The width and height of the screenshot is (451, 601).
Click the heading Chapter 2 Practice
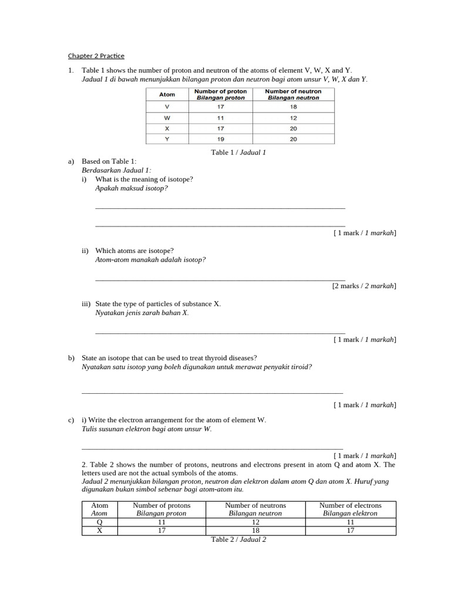96,56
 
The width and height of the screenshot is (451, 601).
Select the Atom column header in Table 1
167,94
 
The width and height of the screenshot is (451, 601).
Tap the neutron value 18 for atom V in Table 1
293,107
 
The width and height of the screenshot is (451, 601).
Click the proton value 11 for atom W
220,118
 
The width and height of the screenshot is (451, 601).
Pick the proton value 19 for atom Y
220,139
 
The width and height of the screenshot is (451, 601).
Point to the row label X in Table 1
167,129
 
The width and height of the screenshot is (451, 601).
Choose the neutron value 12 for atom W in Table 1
293,118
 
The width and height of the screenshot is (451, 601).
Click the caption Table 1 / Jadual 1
238,152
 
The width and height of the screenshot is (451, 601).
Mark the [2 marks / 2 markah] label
364,286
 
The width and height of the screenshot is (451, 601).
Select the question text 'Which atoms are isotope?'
134,251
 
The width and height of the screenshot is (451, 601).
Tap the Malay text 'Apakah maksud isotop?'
127,188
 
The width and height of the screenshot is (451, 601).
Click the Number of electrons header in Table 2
350,505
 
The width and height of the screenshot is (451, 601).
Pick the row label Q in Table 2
99,522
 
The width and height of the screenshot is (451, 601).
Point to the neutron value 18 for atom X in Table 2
255,531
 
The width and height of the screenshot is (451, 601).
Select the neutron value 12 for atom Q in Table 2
255,522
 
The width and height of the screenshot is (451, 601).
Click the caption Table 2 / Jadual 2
238,539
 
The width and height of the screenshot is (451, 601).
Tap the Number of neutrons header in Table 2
255,505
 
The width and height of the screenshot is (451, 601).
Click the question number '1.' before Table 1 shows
71,70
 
